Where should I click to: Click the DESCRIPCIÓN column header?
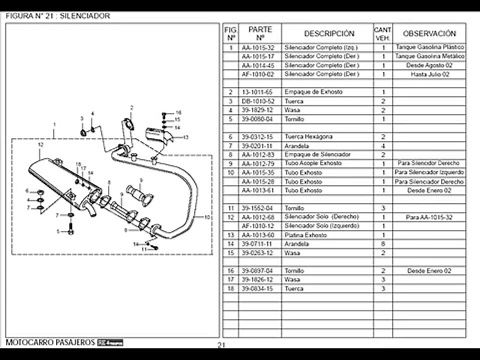point(329,33)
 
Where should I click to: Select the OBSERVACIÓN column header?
point(429,33)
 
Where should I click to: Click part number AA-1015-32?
point(258,47)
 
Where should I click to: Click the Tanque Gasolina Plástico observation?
point(429,47)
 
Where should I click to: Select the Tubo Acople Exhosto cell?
point(313,163)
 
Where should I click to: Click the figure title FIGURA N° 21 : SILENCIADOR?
point(58,16)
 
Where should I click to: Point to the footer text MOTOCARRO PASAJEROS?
point(50,342)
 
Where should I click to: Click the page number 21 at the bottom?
point(222,345)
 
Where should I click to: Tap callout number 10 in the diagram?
point(207,217)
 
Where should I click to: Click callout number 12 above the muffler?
point(41,144)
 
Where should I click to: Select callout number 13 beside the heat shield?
point(185,137)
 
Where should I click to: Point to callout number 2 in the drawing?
point(131,107)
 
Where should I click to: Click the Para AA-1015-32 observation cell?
point(429,217)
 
